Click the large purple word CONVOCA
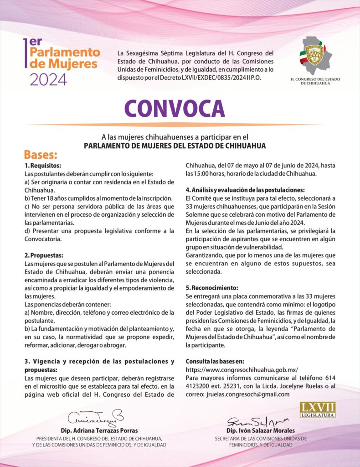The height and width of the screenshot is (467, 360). [x=175, y=109]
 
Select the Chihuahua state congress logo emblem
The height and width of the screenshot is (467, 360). [x=316, y=55]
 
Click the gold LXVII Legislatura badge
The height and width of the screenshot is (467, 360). [x=317, y=410]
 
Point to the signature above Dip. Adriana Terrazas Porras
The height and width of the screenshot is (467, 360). [x=96, y=417]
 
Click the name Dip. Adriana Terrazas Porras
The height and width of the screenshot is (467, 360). [x=99, y=431]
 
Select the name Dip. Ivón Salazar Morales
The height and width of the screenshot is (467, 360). [x=260, y=431]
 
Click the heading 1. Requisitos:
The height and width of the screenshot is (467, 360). [x=42, y=165]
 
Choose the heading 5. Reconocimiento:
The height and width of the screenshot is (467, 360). [x=212, y=288]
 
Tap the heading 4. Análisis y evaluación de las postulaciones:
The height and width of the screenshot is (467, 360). [x=245, y=190]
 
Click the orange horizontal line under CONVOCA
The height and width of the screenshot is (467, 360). [x=175, y=125]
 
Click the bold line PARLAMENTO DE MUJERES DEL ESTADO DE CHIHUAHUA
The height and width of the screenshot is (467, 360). [x=175, y=145]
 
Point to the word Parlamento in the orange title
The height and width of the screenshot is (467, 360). [x=65, y=52]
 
